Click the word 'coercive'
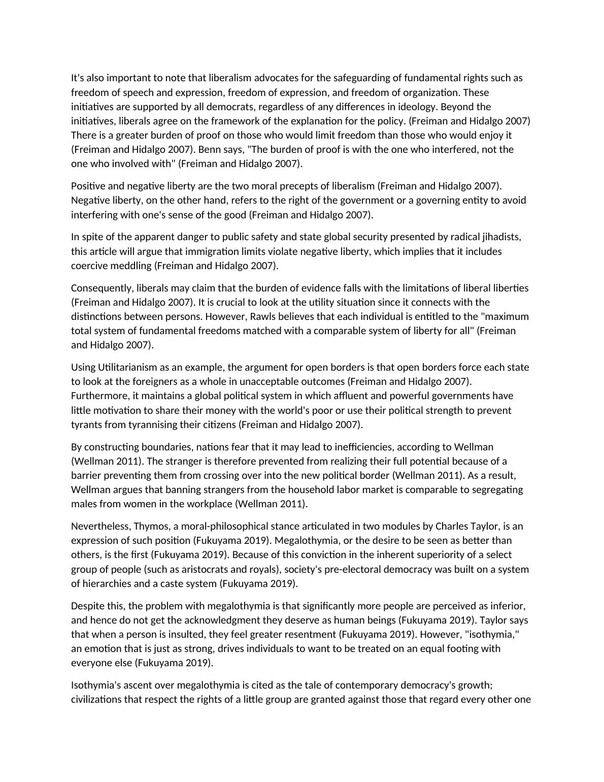coord(88,266)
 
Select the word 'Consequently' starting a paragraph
coord(102,288)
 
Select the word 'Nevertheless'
coord(100,526)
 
